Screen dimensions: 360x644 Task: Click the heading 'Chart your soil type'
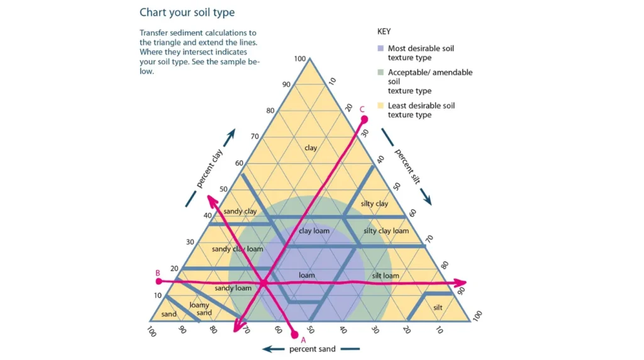click(x=187, y=13)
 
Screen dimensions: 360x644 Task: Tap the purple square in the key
click(x=380, y=48)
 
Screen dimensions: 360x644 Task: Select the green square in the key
click(x=380, y=72)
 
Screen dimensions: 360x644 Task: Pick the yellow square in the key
click(x=380, y=106)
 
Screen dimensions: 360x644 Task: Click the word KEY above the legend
click(x=384, y=30)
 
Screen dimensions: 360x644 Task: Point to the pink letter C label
click(x=362, y=109)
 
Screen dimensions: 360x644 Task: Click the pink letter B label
click(x=158, y=273)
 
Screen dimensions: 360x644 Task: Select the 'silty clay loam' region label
click(x=386, y=230)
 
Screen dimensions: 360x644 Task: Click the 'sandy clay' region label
click(x=240, y=211)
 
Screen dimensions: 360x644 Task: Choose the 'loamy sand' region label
click(x=200, y=308)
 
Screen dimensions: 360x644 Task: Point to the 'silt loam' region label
click(x=386, y=276)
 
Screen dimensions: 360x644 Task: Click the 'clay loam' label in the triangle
click(x=314, y=230)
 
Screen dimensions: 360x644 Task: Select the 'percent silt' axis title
click(x=408, y=166)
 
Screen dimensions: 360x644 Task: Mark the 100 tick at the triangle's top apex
click(x=300, y=59)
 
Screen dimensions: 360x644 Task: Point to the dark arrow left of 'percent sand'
click(x=272, y=349)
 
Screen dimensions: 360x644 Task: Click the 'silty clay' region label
click(x=375, y=203)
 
